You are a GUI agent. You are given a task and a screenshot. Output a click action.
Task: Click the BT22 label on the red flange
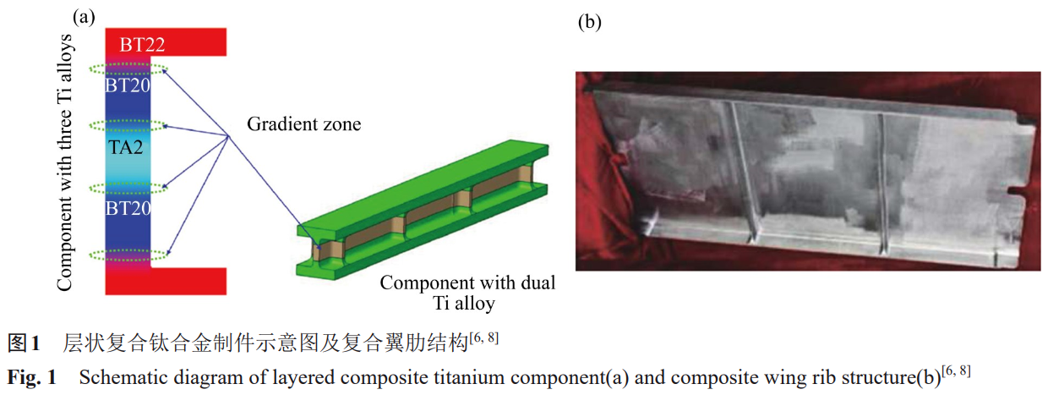[142, 45]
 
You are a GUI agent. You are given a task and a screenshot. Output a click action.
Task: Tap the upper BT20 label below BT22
[128, 85]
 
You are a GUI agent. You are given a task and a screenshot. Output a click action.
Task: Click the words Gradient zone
[303, 125]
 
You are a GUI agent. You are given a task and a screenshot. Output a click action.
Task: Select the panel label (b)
[589, 22]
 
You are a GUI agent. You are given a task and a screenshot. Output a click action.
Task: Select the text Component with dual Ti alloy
[467, 293]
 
